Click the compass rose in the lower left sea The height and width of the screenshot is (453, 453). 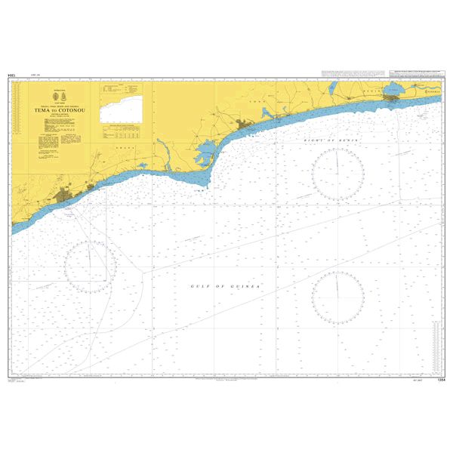[89, 267]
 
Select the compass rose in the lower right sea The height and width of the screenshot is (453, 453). [337, 295]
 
